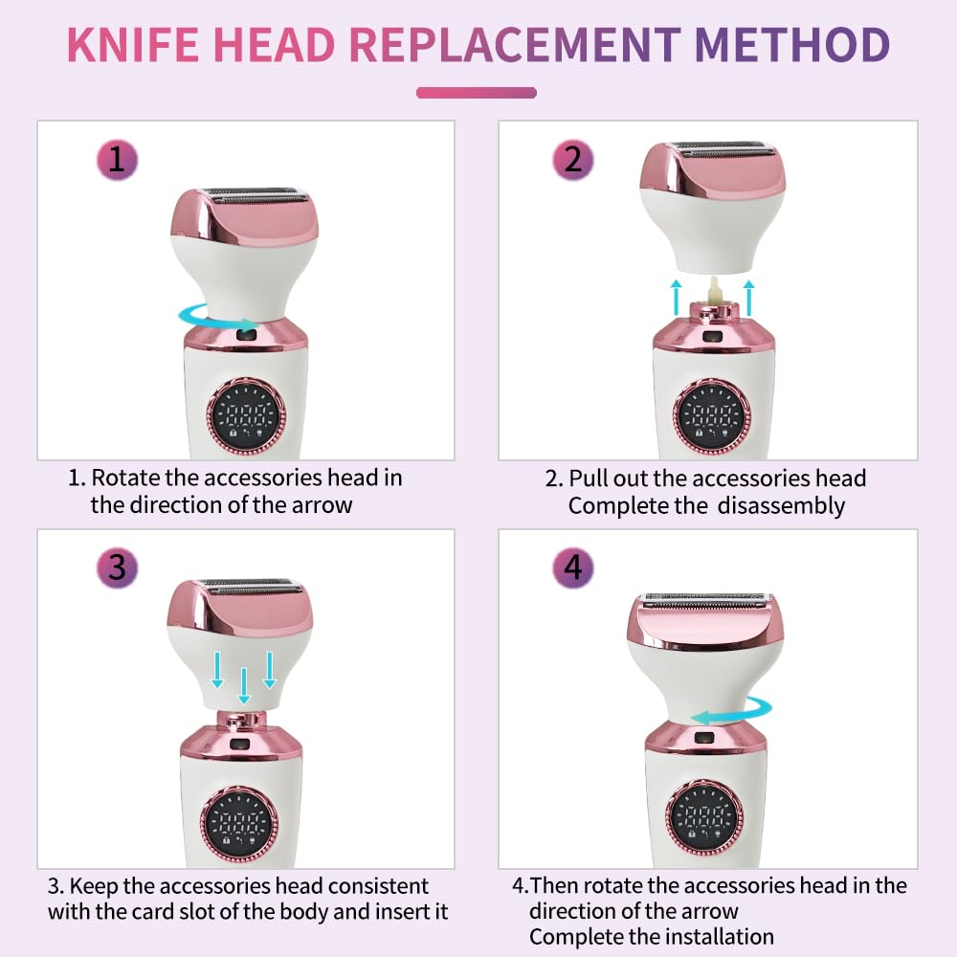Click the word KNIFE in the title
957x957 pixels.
133,45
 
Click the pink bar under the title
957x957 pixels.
476,93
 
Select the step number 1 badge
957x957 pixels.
117,160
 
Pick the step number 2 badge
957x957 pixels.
572,160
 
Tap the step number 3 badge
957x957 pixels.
117,568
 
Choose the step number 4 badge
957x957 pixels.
572,568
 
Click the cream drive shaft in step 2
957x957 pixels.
714,291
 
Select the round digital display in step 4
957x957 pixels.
704,817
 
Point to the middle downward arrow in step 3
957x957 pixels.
244,686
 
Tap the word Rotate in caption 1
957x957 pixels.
125,478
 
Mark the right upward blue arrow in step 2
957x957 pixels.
749,298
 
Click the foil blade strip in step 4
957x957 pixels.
704,601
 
